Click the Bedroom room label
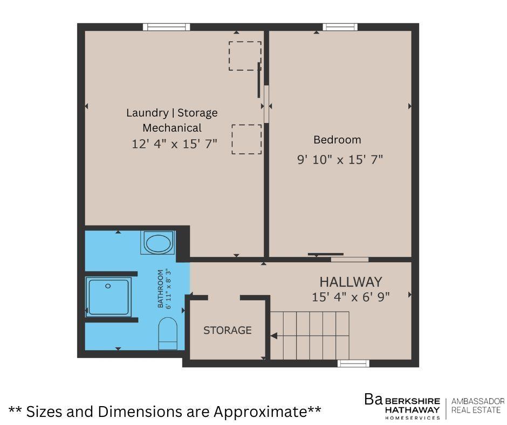tap(337, 140)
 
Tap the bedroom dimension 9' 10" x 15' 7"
tap(340, 160)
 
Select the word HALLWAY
tap(351, 282)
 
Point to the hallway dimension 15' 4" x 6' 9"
tap(351, 297)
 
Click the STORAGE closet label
tap(227, 330)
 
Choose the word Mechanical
tap(172, 128)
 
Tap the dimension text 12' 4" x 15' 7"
tap(174, 144)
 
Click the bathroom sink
tap(158, 243)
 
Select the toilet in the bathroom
tap(168, 333)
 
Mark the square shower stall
tap(108, 296)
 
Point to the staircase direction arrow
tap(274, 336)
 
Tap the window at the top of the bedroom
tap(340, 27)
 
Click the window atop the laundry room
tap(166, 27)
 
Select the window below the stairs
tap(353, 363)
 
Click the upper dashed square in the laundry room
tap(244, 56)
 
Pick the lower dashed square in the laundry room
tap(246, 139)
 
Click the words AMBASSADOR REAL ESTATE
tap(477, 406)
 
